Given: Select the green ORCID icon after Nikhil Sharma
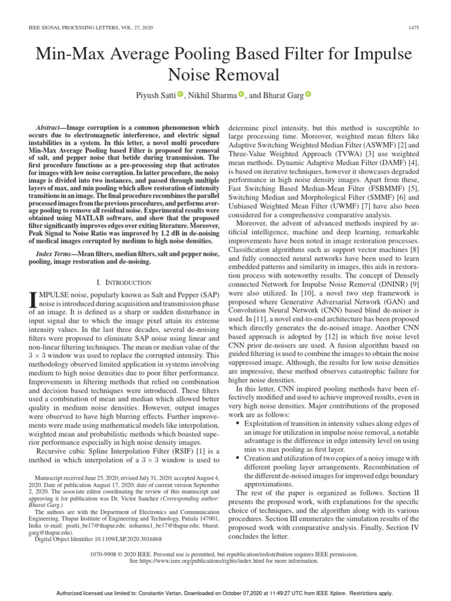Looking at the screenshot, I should coord(241,94).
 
